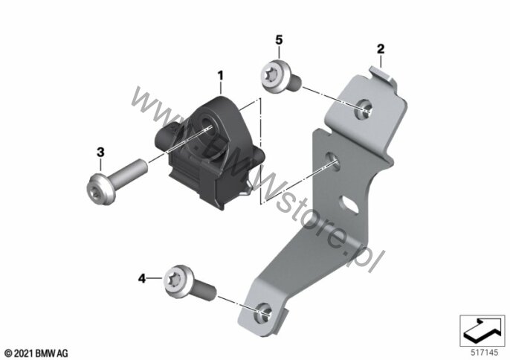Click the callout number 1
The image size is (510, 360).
coord(221,76)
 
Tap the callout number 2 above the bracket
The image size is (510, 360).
coord(381,49)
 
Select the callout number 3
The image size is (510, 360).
coord(100,152)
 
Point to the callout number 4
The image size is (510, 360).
coord(142,279)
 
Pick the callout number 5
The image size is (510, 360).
coord(279,39)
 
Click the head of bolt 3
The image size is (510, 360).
coord(100,189)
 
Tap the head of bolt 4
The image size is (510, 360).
coord(177,281)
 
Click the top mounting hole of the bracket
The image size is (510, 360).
coord(363,109)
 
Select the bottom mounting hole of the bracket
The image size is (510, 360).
coord(264,313)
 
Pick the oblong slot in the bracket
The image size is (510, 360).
coord(349,204)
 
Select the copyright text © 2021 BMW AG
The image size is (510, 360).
coord(36,353)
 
